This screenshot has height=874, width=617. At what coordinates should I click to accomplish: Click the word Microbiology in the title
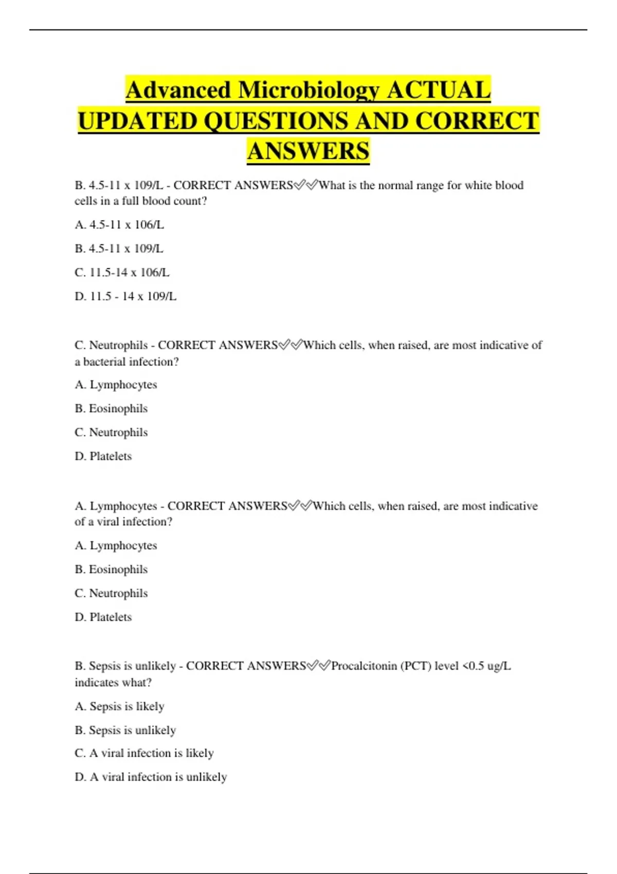[308, 90]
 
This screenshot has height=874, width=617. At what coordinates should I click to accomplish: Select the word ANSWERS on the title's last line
[308, 151]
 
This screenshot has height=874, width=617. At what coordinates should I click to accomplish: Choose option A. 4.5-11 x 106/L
[119, 225]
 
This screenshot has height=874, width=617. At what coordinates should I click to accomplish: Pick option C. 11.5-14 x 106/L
[122, 272]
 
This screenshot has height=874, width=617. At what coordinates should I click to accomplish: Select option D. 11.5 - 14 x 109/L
[125, 296]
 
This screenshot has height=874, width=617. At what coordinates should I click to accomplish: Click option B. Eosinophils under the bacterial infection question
[111, 408]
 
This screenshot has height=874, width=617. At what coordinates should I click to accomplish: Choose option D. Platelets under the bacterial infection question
[103, 456]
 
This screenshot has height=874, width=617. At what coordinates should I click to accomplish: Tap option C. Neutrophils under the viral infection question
[111, 593]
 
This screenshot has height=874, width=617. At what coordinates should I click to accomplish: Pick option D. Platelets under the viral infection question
[103, 617]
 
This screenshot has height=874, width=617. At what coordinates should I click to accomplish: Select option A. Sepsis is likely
[120, 706]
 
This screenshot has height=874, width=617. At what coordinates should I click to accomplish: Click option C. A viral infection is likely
[144, 753]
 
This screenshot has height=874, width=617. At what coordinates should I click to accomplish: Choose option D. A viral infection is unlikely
[151, 777]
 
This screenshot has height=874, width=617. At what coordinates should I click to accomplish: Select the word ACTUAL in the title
[439, 90]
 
